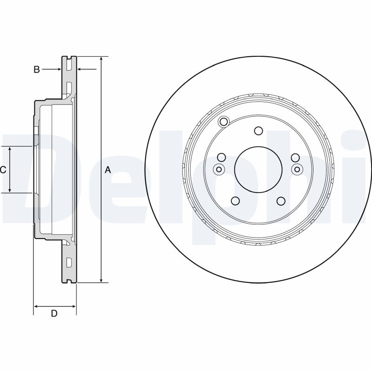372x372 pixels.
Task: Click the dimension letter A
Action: tap(108, 170)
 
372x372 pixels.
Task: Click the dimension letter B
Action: tap(37, 69)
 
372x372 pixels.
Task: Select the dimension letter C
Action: tap(3, 170)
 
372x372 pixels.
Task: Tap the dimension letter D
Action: tap(54, 313)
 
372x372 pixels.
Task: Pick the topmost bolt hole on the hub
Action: tap(259, 131)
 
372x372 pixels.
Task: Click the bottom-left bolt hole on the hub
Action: tap(235, 201)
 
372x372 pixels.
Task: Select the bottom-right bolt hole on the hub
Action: tap(281, 201)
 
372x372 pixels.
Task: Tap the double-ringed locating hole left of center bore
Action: tap(219, 169)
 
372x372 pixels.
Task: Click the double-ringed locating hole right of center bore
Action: tap(297, 169)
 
